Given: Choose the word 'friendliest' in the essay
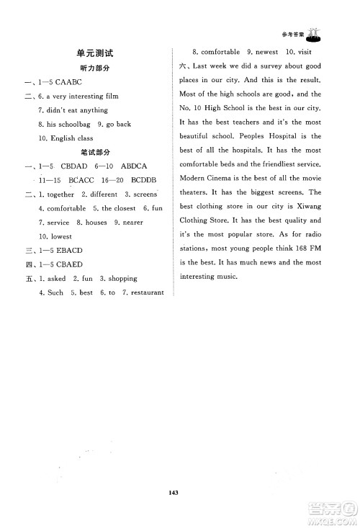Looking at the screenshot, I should tap(279, 165).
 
